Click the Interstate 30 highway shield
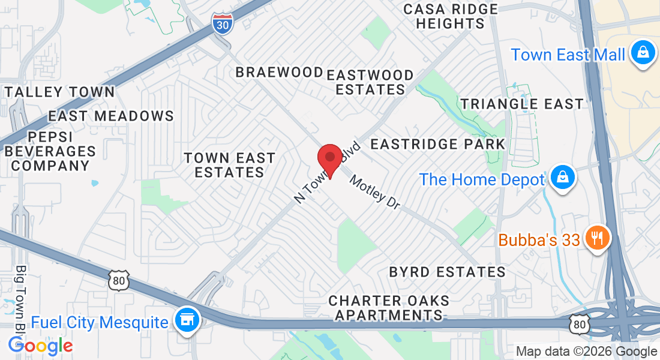[x=221, y=25]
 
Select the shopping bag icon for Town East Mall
[x=642, y=54]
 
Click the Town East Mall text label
[x=568, y=55]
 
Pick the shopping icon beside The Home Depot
[x=563, y=179]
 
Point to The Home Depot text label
[x=482, y=179]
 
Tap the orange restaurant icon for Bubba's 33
[x=596, y=239]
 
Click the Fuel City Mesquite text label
[x=100, y=322]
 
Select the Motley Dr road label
[x=375, y=191]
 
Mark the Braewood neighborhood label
[x=279, y=73]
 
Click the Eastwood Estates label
[x=370, y=83]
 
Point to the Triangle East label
[x=522, y=104]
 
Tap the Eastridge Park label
[x=438, y=145]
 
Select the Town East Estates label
[x=230, y=165]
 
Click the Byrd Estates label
[x=447, y=272]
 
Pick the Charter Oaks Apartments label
[x=389, y=307]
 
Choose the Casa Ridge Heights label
[x=451, y=16]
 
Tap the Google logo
[x=40, y=346]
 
